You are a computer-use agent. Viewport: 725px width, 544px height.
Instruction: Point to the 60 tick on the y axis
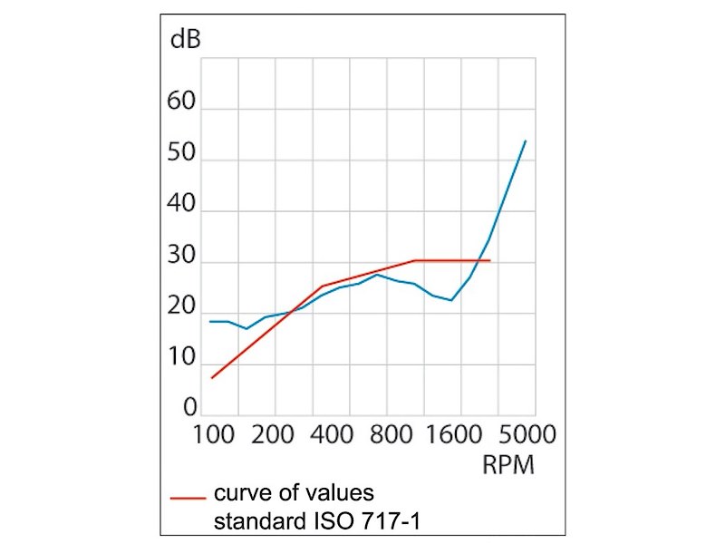pos(182,102)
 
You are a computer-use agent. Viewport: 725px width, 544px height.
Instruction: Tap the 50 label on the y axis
pos(182,153)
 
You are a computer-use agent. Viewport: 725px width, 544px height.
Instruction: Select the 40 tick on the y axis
pos(182,205)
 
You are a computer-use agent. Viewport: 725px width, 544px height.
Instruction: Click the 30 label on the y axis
pos(182,257)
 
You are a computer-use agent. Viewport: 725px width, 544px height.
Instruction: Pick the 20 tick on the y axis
pos(182,307)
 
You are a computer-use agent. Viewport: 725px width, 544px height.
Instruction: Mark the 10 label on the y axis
pos(182,358)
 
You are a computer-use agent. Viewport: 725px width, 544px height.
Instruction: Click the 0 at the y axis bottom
pos(189,409)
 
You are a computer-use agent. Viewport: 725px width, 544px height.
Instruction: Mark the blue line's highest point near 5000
pos(526,141)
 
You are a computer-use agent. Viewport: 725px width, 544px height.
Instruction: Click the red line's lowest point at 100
pos(211,378)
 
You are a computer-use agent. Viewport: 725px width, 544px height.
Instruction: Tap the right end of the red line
pos(490,260)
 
